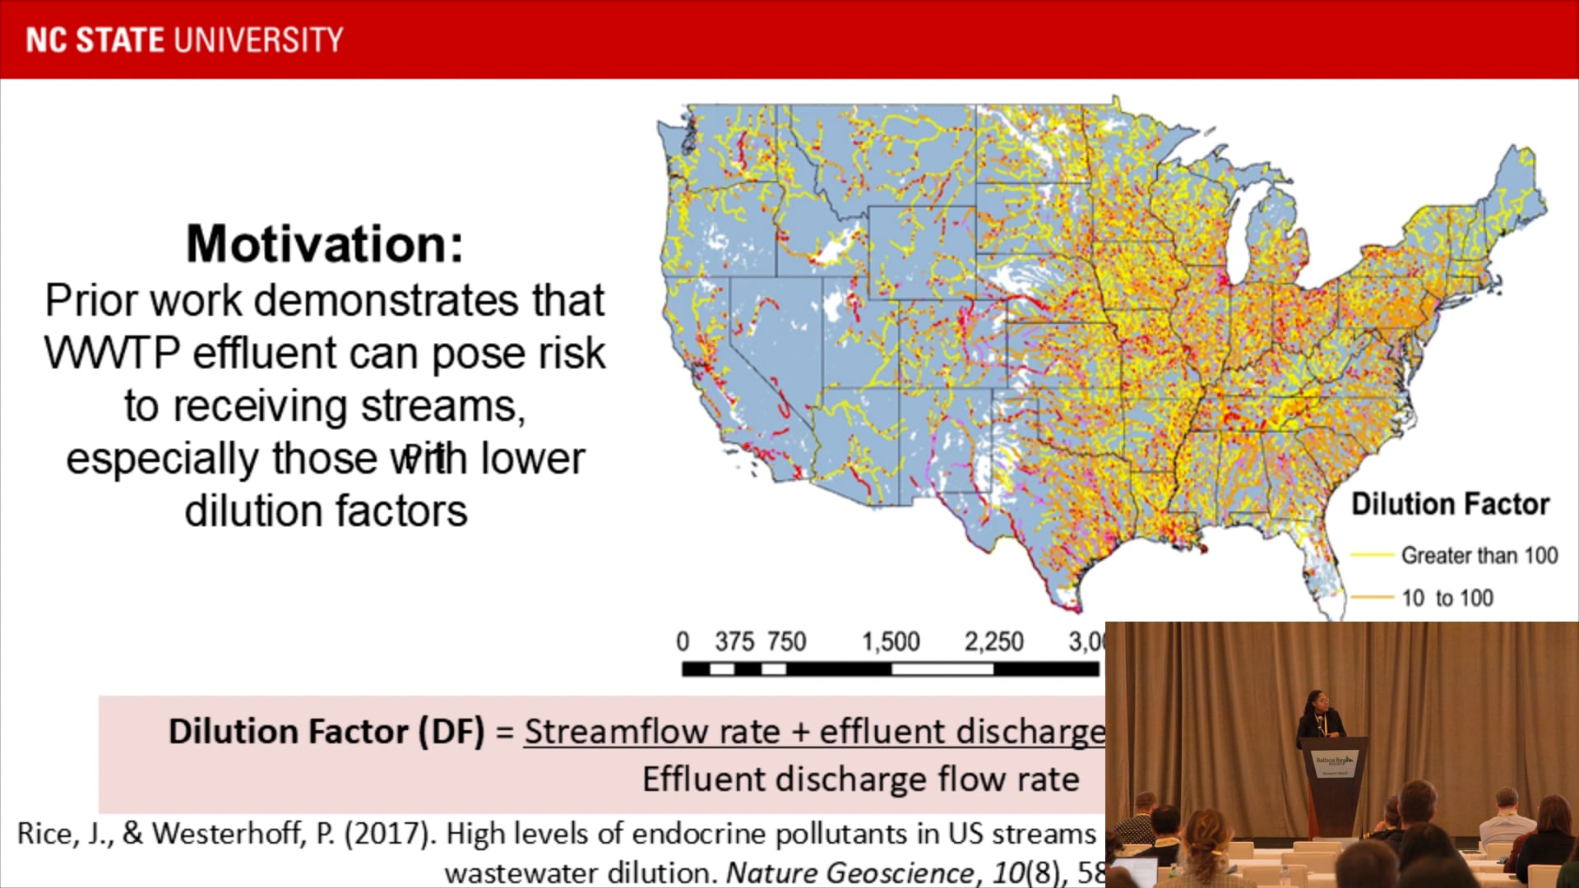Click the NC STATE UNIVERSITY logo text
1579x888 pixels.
(x=184, y=39)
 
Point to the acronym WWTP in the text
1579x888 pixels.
(x=111, y=354)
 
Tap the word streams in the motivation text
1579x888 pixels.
(x=442, y=406)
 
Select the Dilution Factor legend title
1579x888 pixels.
(x=1450, y=504)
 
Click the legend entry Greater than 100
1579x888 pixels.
(x=1479, y=556)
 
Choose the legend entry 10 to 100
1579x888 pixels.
(x=1447, y=598)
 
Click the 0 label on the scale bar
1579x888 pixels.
(x=683, y=641)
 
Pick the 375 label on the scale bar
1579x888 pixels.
(x=734, y=641)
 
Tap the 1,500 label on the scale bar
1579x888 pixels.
(x=890, y=641)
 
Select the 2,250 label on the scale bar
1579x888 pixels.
(x=993, y=641)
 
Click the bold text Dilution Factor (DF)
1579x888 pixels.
(x=326, y=731)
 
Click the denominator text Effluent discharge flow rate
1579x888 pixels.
(x=860, y=779)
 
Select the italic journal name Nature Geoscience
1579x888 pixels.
(x=850, y=872)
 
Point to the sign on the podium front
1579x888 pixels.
(x=1334, y=765)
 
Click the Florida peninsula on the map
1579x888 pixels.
(x=1320, y=567)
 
